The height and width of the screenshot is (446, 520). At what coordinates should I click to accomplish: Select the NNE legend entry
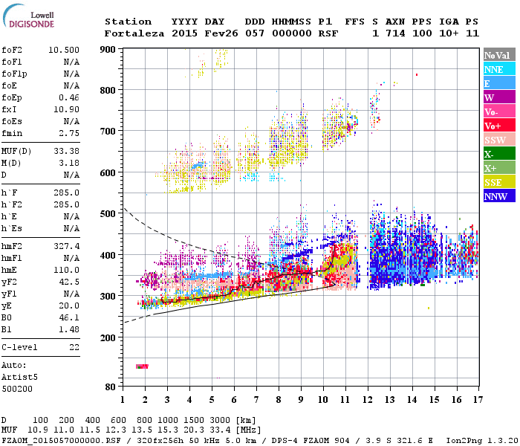[498, 69]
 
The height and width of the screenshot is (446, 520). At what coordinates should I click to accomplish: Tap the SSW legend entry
[498, 140]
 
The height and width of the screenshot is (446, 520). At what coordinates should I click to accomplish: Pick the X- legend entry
[498, 155]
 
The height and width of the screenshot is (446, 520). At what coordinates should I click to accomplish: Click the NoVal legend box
[498, 55]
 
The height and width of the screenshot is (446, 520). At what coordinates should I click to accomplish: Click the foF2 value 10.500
[64, 50]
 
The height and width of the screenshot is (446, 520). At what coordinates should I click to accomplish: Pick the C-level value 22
[74, 347]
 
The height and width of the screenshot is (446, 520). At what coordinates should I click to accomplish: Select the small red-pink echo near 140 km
[143, 366]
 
